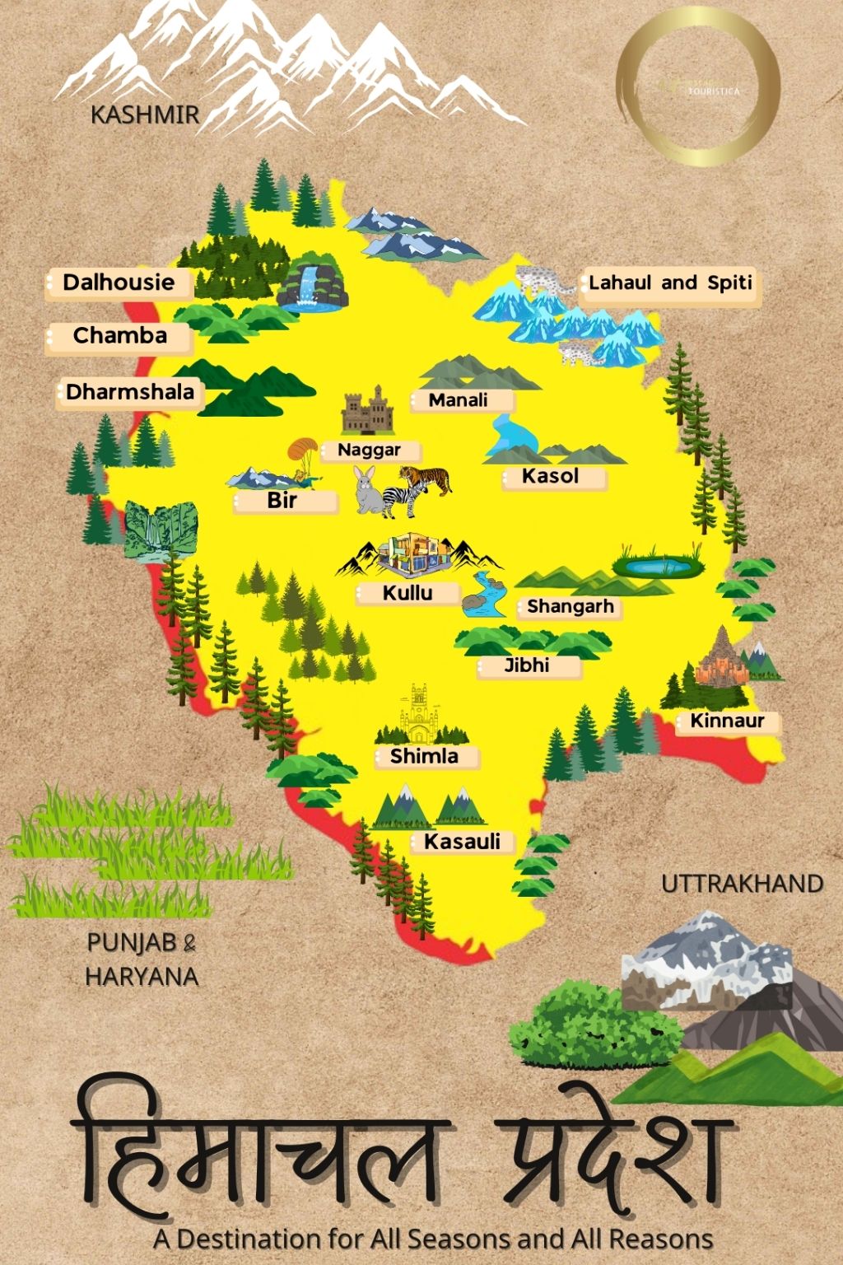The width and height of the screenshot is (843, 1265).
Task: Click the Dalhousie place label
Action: tap(119, 282)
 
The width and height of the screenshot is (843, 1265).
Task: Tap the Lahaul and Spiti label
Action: tap(670, 283)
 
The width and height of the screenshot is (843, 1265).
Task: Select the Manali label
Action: tap(459, 400)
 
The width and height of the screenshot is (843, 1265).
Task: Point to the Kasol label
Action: tap(551, 476)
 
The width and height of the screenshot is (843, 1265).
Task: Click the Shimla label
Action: tap(424, 756)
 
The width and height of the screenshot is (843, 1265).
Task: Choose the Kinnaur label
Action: tap(727, 721)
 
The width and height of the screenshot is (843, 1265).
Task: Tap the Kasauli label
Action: tap(462, 842)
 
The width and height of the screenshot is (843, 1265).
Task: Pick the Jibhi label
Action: tap(527, 665)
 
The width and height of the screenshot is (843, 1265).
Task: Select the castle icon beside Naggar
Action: tap(367, 410)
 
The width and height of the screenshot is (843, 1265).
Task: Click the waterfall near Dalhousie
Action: tap(311, 286)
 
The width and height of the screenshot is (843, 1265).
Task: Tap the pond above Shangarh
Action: tap(658, 565)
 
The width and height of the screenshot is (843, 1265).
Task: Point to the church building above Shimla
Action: tap(421, 714)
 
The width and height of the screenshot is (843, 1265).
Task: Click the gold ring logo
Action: tap(698, 87)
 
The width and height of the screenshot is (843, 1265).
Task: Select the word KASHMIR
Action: tap(145, 114)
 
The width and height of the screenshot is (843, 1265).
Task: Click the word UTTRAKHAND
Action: tap(742, 884)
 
